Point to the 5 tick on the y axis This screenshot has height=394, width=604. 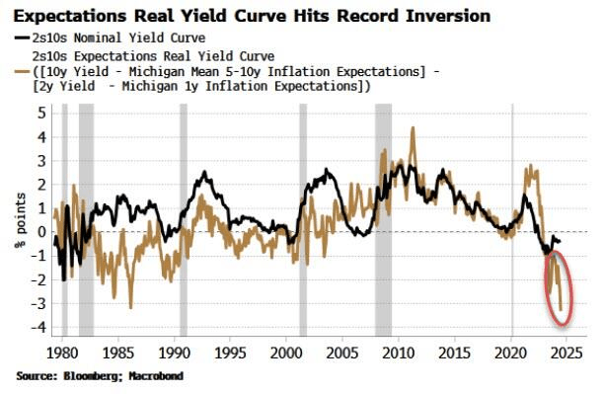tap(42, 113)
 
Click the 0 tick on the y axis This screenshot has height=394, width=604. tap(42, 232)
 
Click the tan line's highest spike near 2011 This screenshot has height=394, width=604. tap(412, 128)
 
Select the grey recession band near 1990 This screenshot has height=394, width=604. tap(184, 222)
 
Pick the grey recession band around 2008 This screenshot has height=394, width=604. tap(383, 222)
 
